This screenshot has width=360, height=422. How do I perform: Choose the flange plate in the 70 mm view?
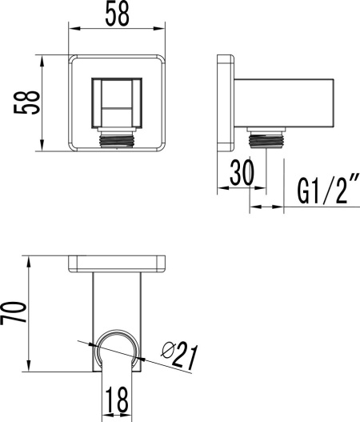coord(117,263)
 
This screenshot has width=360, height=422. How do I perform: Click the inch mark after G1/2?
coord(350,186)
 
